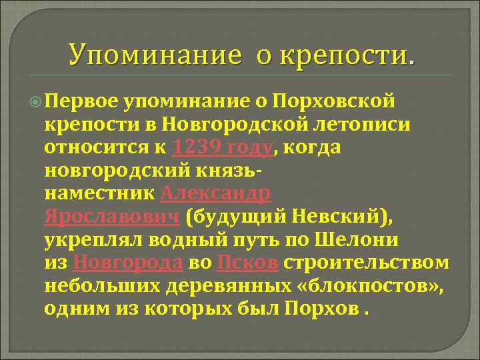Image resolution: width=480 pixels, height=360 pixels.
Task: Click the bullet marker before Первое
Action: click(35, 100)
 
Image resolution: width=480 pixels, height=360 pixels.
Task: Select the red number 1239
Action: click(196, 147)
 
